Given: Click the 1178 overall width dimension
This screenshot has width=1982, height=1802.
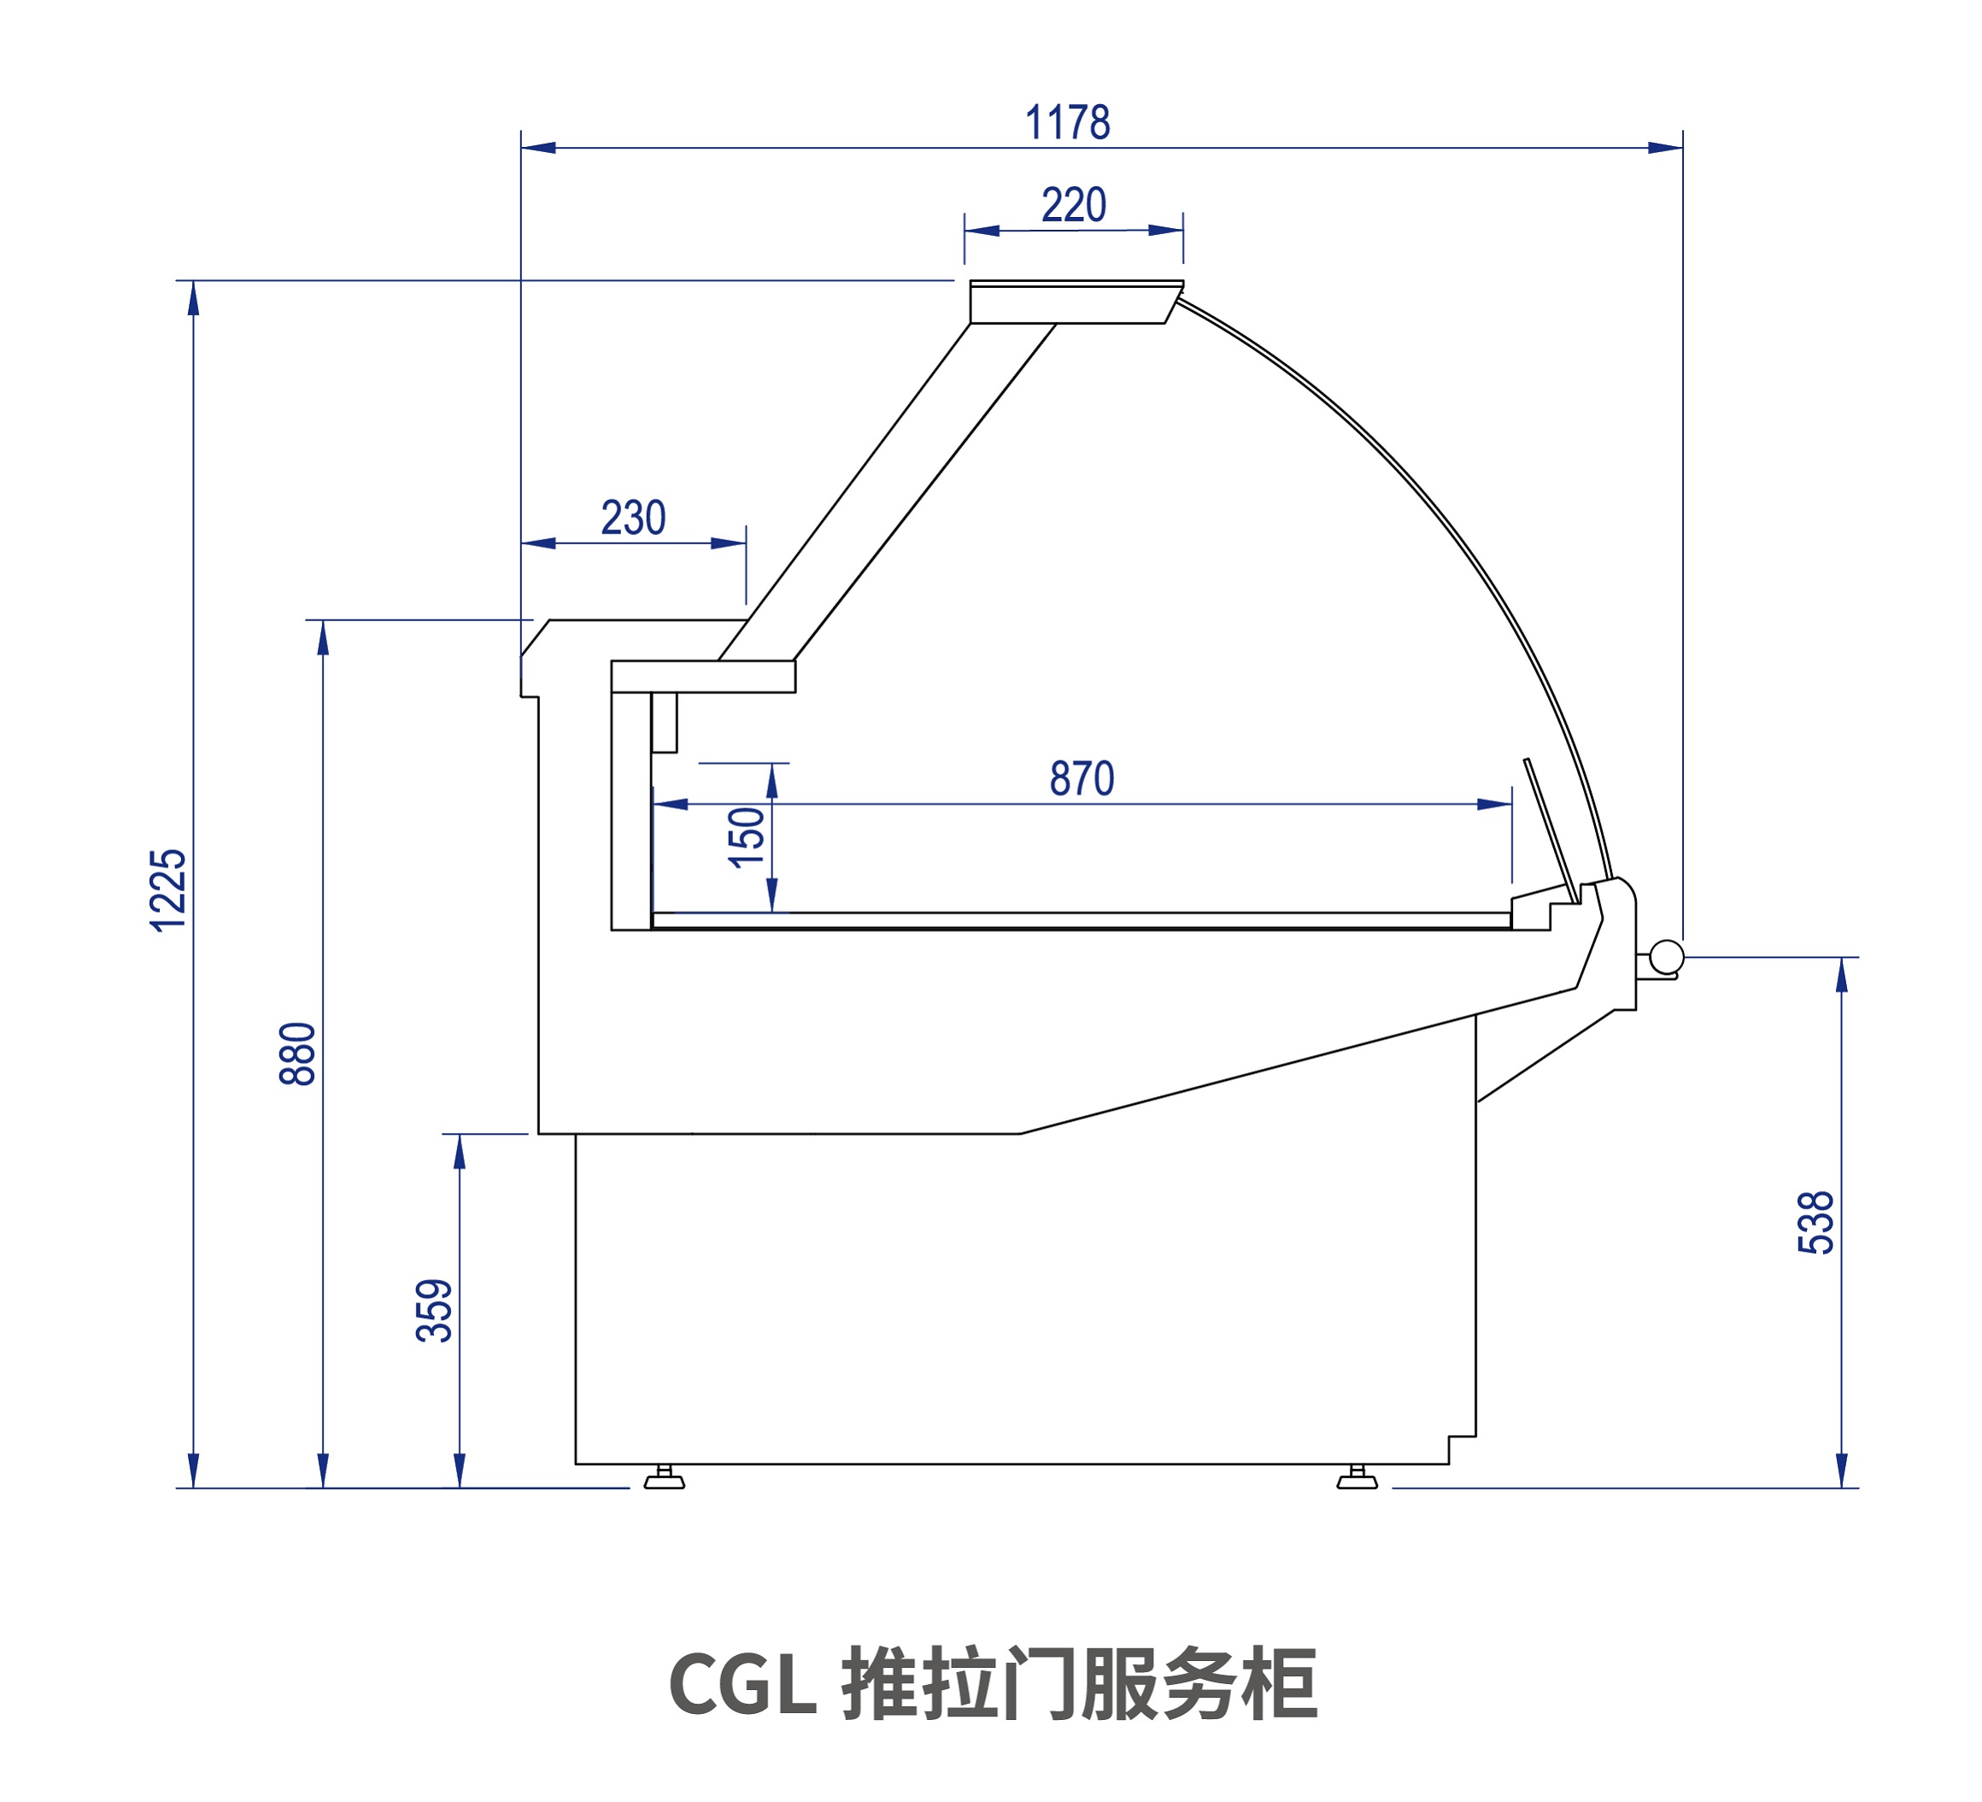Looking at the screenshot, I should (x=1067, y=123).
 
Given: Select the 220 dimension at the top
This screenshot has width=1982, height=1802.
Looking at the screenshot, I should (x=1074, y=204).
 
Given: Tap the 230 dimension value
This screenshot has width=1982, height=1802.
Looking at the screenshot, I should (x=633, y=518).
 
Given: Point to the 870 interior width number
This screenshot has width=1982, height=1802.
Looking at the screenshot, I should (x=1082, y=778).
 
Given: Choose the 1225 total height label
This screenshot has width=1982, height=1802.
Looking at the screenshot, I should (x=168, y=889).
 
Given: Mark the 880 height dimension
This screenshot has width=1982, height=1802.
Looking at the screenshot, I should (x=298, y=1054).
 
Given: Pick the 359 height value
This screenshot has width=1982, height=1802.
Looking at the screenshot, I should (x=435, y=1311).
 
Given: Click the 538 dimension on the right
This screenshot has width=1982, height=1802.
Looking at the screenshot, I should (x=1815, y=1223).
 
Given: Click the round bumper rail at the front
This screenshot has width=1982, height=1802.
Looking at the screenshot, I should (x=1667, y=957).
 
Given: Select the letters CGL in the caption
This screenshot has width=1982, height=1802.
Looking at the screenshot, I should (x=742, y=1684).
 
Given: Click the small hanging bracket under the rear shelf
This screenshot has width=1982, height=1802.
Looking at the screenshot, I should (x=664, y=722).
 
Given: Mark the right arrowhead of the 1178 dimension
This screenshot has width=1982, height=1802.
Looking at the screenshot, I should (x=1665, y=149).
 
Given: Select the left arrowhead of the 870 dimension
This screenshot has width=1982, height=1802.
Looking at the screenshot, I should (x=670, y=804).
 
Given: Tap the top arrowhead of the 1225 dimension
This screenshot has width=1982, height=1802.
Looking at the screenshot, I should (x=194, y=298).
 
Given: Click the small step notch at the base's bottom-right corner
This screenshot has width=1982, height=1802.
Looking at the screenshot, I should (x=1462, y=1449).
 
